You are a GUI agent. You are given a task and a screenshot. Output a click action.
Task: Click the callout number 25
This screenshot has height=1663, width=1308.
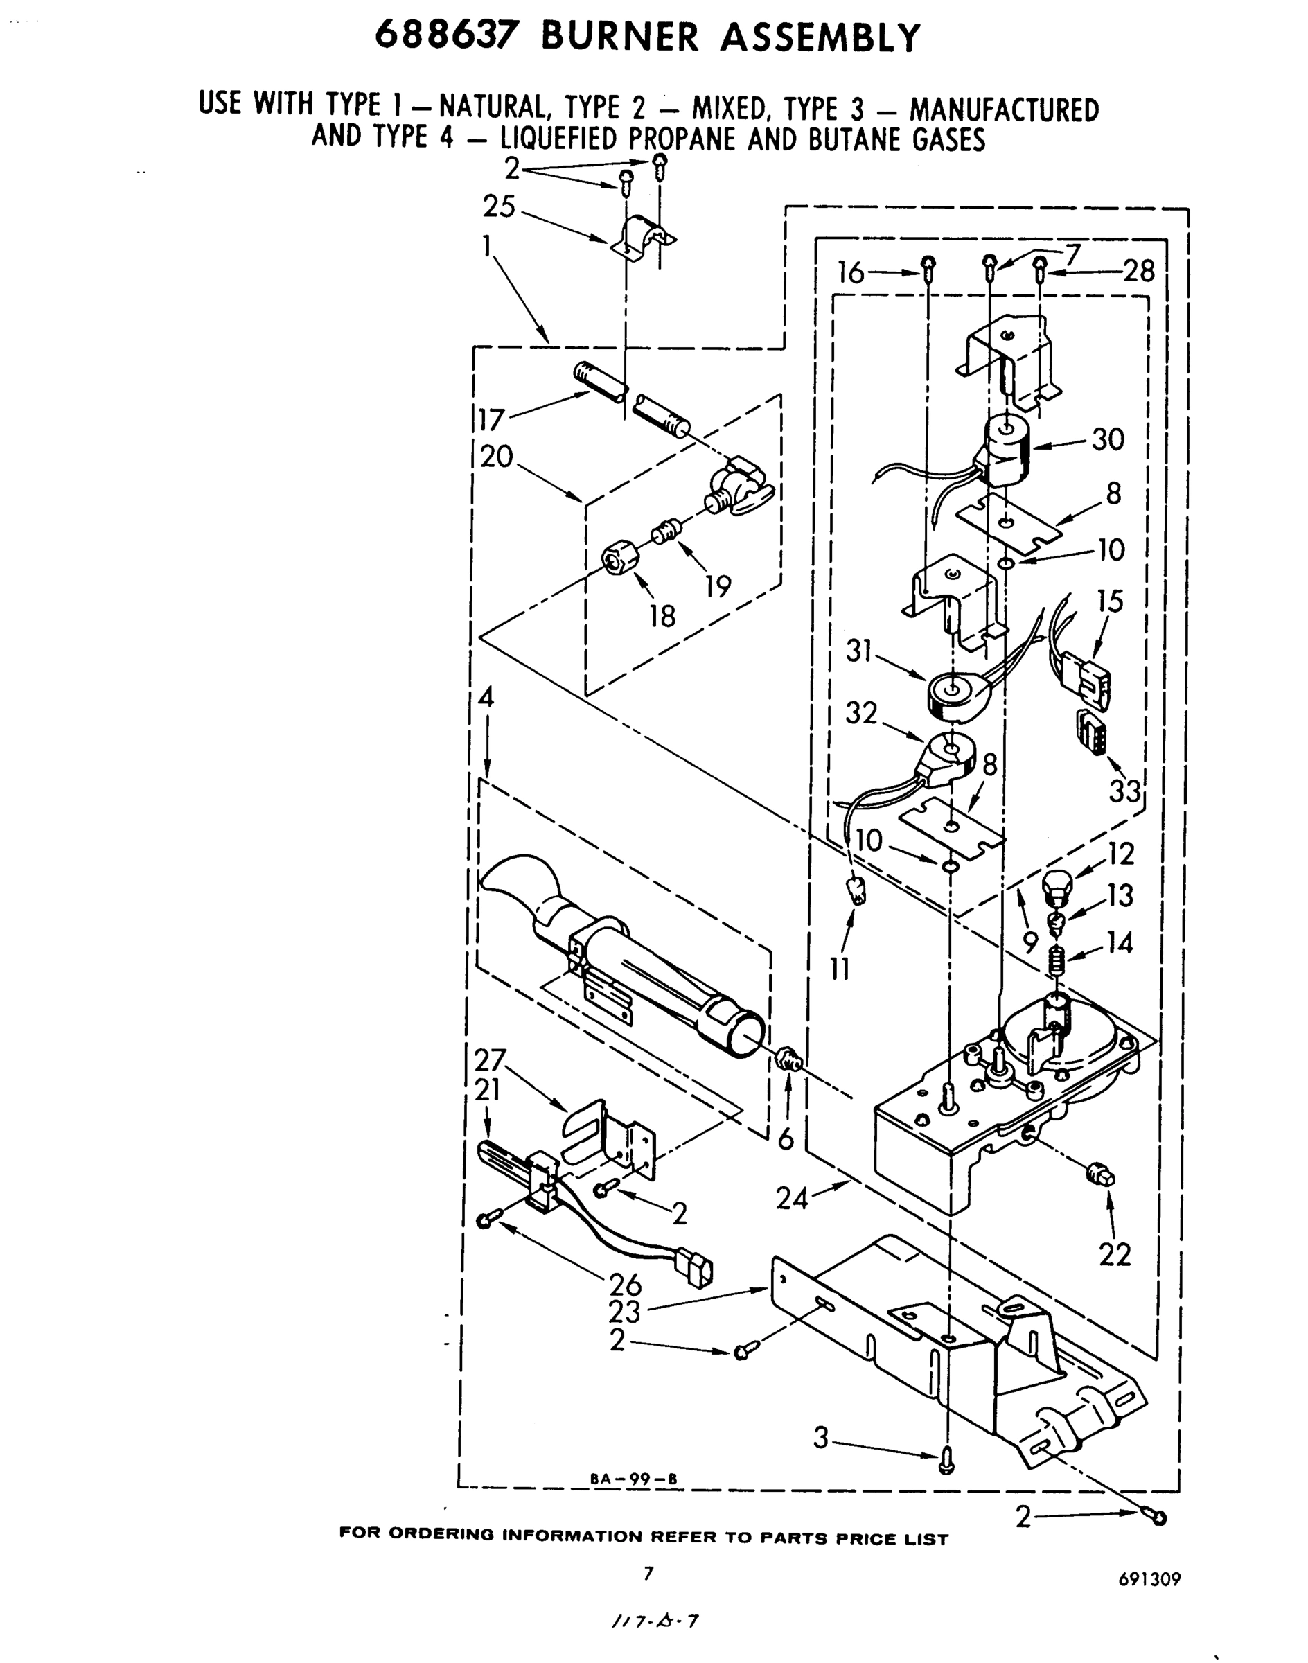click(x=499, y=206)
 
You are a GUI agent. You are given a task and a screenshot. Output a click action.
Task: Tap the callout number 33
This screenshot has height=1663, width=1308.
click(x=1124, y=791)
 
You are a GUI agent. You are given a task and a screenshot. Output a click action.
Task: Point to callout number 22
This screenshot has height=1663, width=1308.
click(x=1115, y=1255)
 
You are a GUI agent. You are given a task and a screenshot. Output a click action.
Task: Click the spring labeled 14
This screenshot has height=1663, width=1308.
click(x=1056, y=958)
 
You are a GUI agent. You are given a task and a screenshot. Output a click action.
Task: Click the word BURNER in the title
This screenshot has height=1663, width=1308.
click(x=619, y=37)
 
